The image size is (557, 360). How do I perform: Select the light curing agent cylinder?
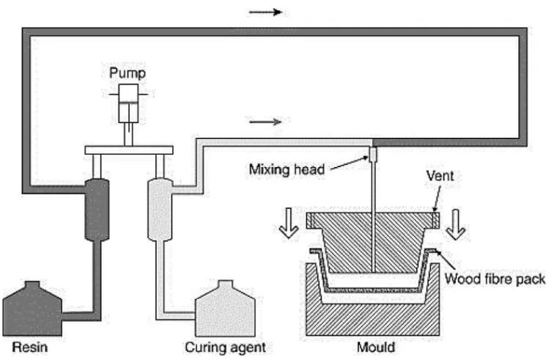point(159,208)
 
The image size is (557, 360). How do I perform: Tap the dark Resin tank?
point(33,309)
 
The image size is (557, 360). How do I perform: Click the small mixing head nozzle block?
point(372,155)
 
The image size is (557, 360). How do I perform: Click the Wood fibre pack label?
point(495,279)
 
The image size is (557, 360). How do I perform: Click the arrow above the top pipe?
point(265,12)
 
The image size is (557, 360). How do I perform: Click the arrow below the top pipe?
point(265,122)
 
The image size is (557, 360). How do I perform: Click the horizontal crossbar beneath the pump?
point(129,150)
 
